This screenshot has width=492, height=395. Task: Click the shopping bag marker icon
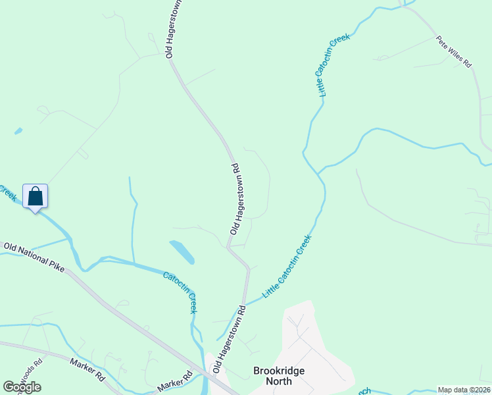tap(35, 196)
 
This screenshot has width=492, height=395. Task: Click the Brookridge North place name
tap(279, 376)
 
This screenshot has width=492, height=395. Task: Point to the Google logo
tap(22, 387)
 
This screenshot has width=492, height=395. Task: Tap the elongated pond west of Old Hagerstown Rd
tap(182, 251)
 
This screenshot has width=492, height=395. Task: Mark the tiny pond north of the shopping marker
tap(18, 131)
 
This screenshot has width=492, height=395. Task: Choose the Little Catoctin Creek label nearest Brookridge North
tap(287, 267)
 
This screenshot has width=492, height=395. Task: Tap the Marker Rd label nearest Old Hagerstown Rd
tap(174, 382)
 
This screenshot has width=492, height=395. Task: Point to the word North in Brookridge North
tap(279, 381)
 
